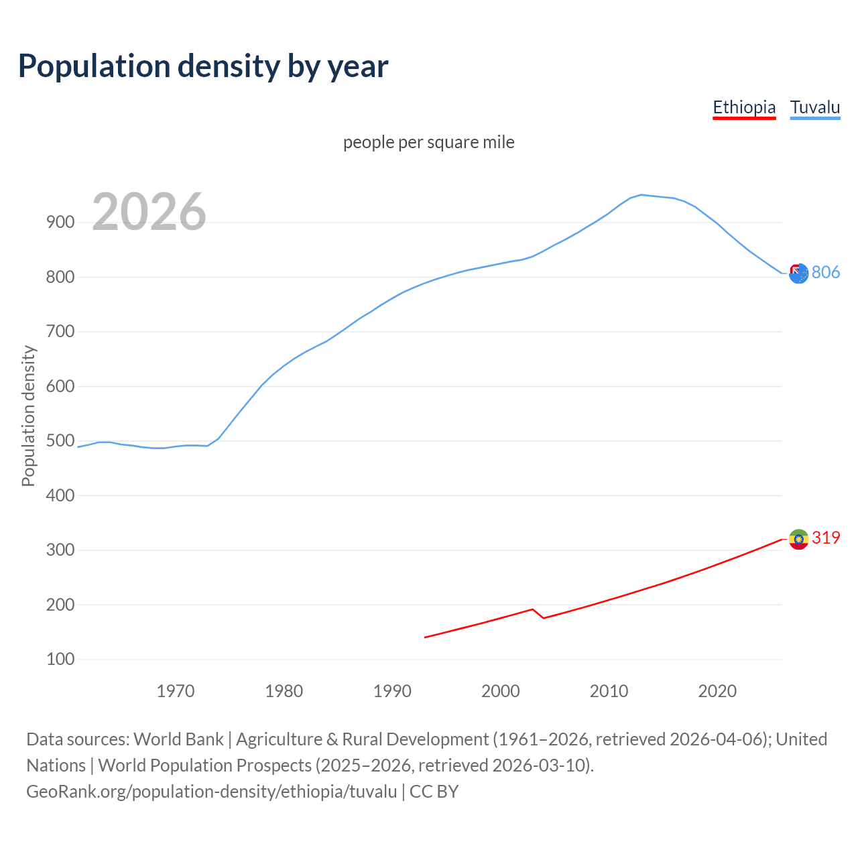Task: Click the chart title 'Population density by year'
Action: click(x=203, y=66)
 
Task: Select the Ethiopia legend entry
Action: click(x=744, y=107)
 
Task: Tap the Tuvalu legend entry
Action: click(x=814, y=107)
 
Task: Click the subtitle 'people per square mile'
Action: click(x=428, y=142)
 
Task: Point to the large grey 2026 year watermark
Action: click(x=149, y=212)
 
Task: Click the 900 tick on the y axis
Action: click(x=60, y=223)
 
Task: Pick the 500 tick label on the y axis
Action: click(x=60, y=441)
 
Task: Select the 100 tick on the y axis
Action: click(x=60, y=660)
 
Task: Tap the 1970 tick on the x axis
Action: click(x=176, y=691)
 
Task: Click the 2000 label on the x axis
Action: click(x=500, y=691)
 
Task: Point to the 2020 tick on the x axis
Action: click(x=717, y=691)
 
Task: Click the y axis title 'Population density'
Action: click(x=28, y=416)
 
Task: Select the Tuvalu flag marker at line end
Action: click(x=798, y=273)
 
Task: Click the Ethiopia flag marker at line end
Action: click(x=798, y=539)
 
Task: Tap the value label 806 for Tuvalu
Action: click(x=826, y=272)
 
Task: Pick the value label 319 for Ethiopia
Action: click(x=826, y=538)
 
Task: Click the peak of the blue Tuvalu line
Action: click(x=641, y=195)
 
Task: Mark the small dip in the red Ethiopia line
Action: click(x=543, y=617)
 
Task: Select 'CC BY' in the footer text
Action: click(x=434, y=791)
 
